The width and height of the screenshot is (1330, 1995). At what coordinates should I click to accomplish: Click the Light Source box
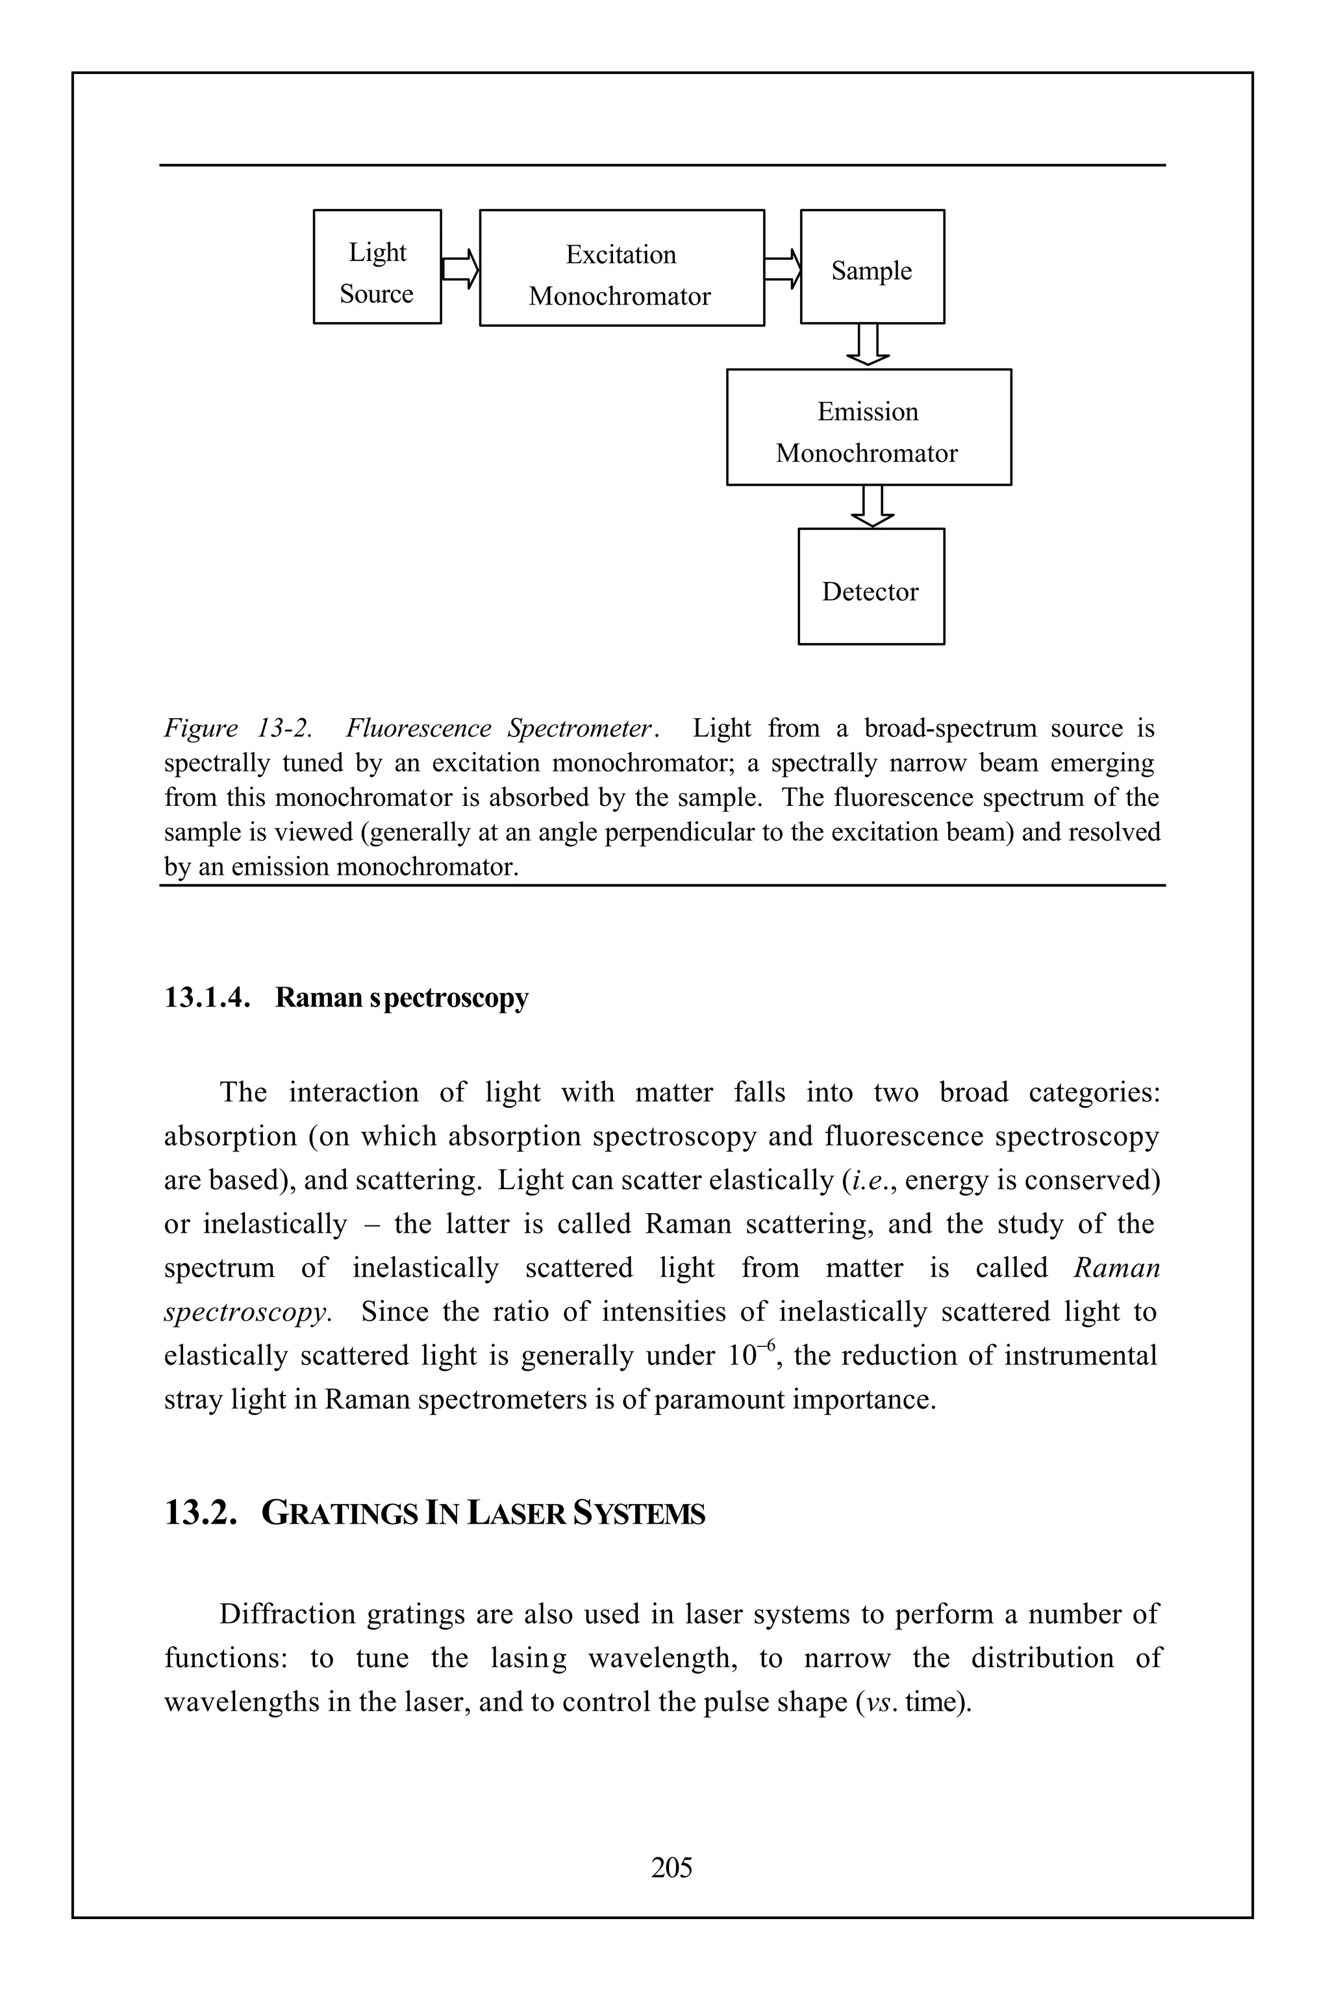pos(377,267)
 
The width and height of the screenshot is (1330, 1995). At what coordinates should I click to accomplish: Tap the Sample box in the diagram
pos(872,267)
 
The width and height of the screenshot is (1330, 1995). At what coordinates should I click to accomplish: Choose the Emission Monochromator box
pos(868,427)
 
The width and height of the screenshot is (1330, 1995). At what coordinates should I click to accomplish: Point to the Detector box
pos(870,587)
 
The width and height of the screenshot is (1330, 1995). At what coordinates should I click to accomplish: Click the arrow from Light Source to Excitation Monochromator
pos(460,269)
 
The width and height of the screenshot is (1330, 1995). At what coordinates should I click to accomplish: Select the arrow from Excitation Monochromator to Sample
pos(782,269)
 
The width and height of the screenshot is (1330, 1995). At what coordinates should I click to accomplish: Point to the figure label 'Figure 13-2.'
pos(238,729)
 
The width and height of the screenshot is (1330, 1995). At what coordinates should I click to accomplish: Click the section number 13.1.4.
pos(207,998)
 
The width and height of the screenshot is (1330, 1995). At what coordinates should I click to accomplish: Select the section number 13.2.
pos(200,1513)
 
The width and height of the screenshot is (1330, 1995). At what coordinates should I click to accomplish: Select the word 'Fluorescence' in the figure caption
pos(418,729)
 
